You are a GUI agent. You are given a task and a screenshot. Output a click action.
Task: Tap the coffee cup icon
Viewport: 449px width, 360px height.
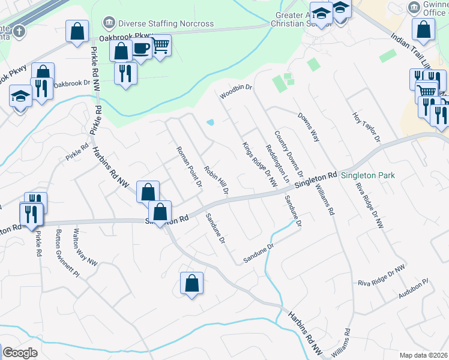coord(142,49)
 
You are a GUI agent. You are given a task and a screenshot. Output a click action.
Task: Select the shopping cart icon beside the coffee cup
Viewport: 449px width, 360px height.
coord(160,45)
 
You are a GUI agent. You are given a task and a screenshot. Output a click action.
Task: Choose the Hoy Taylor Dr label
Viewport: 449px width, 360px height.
coord(367,126)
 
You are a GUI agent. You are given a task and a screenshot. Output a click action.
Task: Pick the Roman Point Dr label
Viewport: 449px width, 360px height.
coord(188,166)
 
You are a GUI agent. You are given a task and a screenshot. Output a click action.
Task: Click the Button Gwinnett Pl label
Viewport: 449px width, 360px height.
coord(67,252)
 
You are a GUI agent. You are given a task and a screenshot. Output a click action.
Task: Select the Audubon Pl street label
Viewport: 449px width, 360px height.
coord(413,289)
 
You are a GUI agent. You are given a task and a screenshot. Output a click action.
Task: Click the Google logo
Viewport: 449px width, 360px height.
coord(20,353)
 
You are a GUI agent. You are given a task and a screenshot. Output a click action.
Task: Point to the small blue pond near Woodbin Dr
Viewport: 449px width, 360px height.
coord(210,123)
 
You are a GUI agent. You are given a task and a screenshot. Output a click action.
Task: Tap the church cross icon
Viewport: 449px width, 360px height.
coord(19,31)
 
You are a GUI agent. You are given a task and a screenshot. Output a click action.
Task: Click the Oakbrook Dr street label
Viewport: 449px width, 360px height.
coord(71,85)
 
